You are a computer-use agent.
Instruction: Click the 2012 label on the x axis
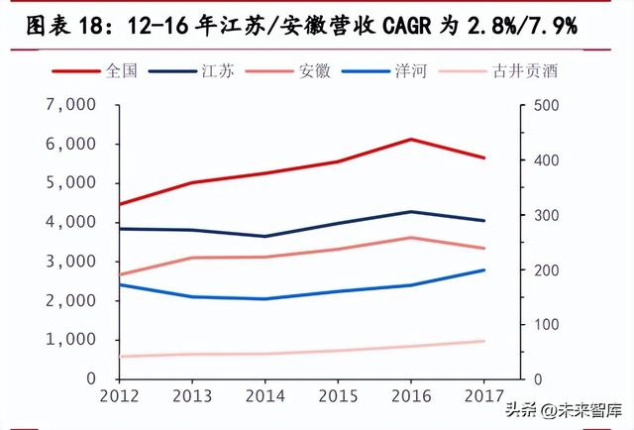[118, 395]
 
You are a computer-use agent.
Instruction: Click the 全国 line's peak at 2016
[411, 140]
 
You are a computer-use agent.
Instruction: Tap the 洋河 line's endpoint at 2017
[484, 269]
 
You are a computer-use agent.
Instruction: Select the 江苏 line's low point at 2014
[265, 236]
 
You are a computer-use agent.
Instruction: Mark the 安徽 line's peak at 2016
[411, 238]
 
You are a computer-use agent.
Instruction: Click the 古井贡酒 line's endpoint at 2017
[484, 341]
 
